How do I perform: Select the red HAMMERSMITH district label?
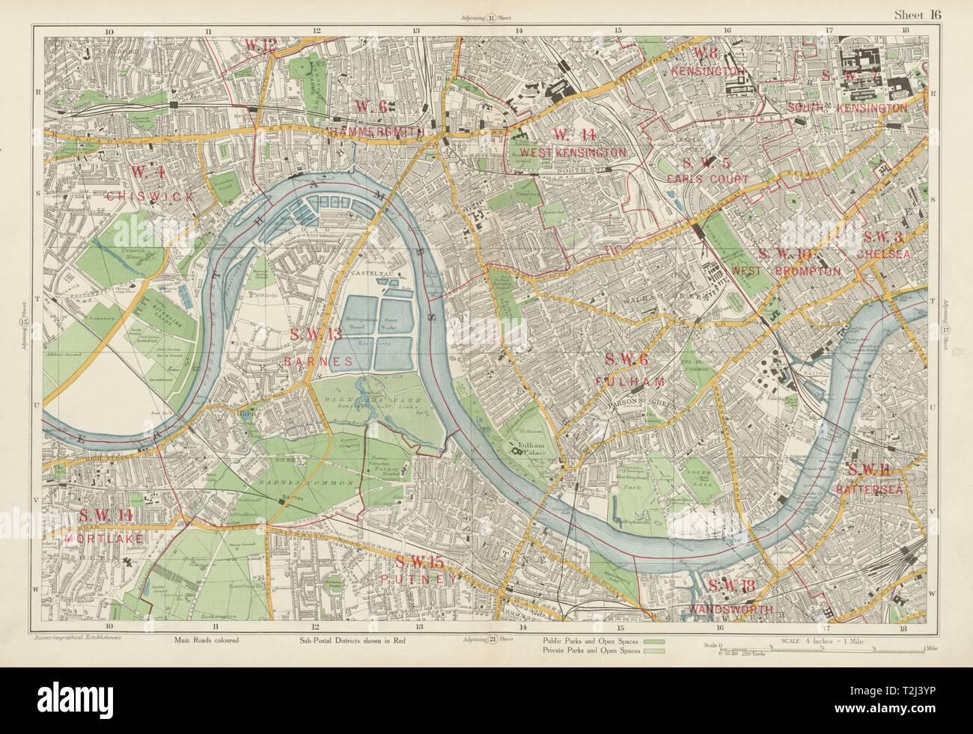(x=377, y=131)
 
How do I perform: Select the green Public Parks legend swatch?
(x=654, y=641)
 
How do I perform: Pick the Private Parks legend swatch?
(x=654, y=652)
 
